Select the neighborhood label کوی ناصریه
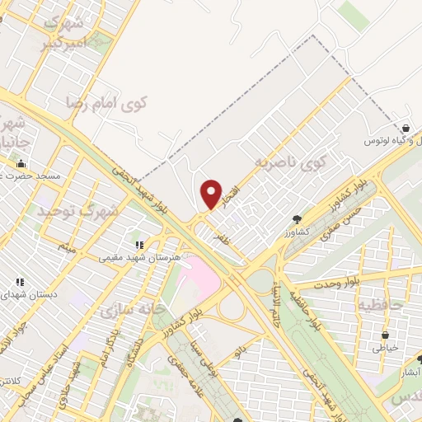click(290, 159)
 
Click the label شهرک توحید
click(78, 211)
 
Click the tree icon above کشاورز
click(297, 219)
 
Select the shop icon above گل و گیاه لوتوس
click(407, 129)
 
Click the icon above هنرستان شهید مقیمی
click(139, 245)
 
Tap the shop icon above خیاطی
click(385, 335)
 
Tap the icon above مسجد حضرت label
click(22, 163)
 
